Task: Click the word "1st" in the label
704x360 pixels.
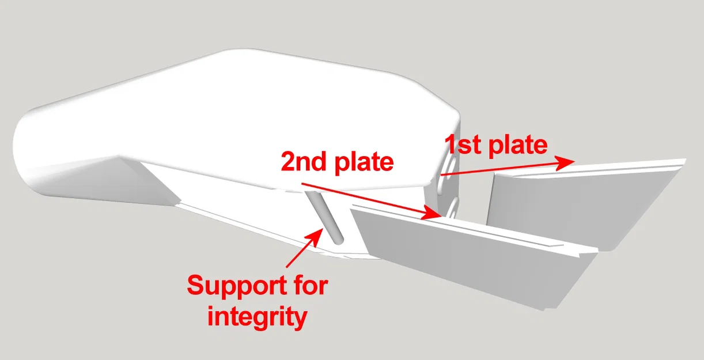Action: click(x=464, y=144)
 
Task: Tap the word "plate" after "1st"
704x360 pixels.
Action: click(x=518, y=147)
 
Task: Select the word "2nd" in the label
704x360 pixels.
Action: click(x=303, y=161)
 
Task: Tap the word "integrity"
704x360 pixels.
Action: click(x=257, y=317)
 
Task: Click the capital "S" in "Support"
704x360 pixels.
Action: click(x=195, y=285)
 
